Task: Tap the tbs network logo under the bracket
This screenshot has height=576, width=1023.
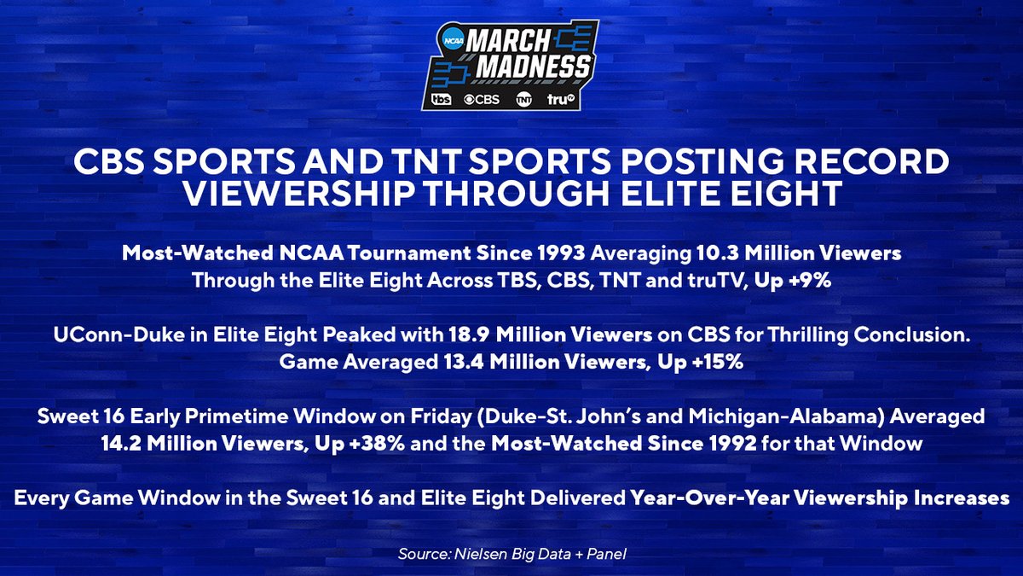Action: coord(442,100)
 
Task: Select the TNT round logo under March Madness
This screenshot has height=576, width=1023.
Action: coord(524,100)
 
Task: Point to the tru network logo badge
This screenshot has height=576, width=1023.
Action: coord(564,100)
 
